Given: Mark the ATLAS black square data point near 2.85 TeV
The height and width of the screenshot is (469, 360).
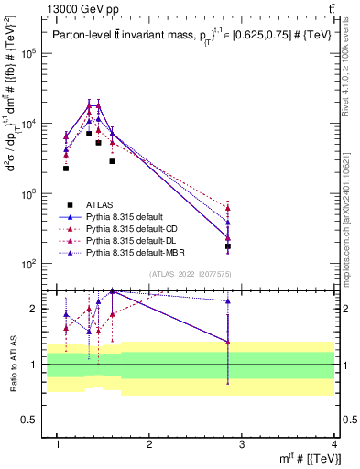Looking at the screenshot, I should point(227,246).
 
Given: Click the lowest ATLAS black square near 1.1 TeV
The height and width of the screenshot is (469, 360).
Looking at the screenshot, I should point(66,168).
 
